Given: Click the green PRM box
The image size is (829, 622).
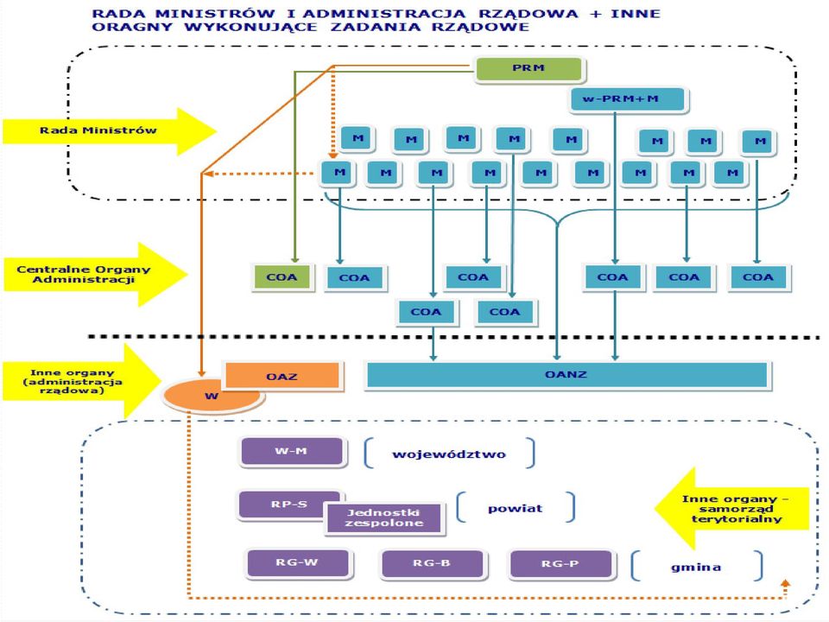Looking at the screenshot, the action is (528, 69).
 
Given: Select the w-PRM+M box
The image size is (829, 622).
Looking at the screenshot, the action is (628, 98).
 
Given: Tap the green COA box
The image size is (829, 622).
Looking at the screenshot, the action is (282, 277).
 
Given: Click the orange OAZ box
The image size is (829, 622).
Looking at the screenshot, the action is (282, 376).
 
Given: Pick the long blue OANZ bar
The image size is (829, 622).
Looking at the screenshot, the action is (566, 374).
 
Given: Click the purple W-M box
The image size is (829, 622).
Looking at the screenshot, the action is (292, 451).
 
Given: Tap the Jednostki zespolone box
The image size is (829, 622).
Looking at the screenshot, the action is (383, 517).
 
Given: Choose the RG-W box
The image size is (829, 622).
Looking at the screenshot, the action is (298, 562).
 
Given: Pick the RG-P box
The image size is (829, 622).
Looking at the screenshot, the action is (560, 564).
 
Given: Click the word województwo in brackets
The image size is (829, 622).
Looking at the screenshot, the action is (449, 454).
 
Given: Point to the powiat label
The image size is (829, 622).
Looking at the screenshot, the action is (515, 509).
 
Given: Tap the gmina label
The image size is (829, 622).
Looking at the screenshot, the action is (696, 568).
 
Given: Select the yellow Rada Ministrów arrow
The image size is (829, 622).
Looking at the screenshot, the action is (110, 131).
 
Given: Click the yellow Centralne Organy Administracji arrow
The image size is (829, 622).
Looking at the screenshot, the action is (95, 274).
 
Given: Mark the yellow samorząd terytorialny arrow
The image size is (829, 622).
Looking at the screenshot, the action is (732, 509).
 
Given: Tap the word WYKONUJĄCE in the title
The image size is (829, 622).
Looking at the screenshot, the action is (250, 27).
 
